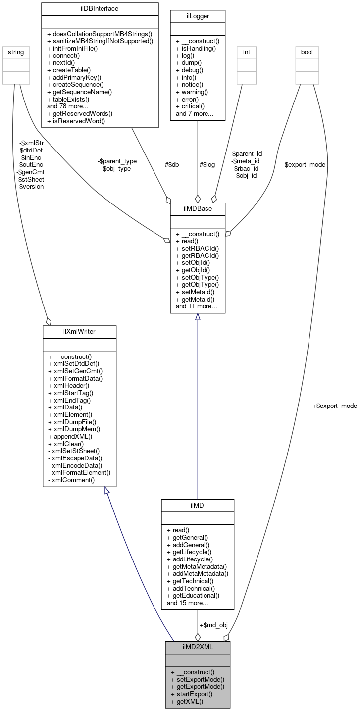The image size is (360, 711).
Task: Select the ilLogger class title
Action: click(198, 16)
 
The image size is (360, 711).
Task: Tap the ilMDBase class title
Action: click(198, 208)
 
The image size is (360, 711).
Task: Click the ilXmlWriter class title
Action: click(79, 331)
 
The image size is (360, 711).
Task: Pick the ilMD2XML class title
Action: click(198, 647)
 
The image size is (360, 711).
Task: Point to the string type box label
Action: click(14, 51)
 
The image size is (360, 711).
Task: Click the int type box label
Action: click(246, 51)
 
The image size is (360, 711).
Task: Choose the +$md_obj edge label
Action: click(213, 625)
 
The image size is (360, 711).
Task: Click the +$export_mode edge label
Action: click(334, 406)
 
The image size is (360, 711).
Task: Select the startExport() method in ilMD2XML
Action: click(192, 694)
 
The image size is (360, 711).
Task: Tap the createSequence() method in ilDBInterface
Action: click(79, 85)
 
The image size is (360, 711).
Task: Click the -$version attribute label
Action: click(31, 187)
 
